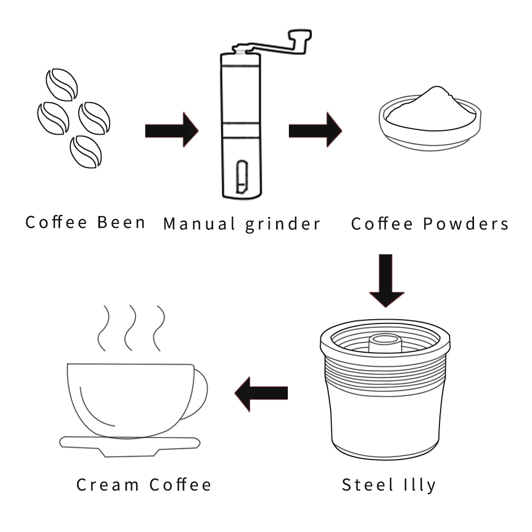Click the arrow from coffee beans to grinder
171,130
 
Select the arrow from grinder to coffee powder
315,130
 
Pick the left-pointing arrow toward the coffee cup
261,393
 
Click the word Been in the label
121,222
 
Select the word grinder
283,224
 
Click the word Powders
466,223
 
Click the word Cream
109,485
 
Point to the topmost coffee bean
62,84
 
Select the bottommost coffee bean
86,152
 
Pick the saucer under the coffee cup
130,444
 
